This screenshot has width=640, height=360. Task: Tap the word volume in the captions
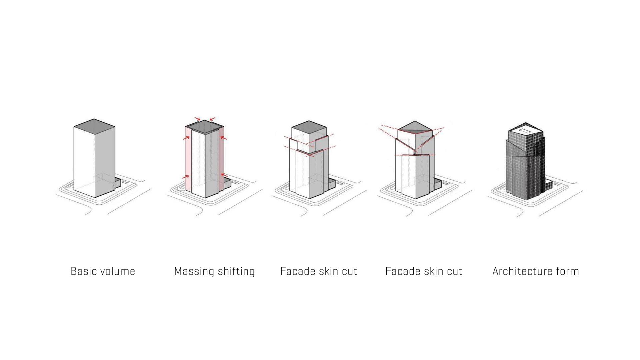[118, 271]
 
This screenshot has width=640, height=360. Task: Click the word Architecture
[522, 271]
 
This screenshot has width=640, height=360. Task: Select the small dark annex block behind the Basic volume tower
[118, 183]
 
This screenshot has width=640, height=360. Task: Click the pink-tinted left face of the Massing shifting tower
[188, 160]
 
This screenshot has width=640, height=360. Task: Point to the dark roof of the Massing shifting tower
[204, 126]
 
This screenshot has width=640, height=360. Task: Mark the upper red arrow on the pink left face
[186, 138]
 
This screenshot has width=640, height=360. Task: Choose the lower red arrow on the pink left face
[186, 177]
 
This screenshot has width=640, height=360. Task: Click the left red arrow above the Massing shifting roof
[198, 119]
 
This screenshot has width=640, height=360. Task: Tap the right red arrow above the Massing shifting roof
[212, 119]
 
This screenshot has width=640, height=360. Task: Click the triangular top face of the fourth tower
[415, 127]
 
